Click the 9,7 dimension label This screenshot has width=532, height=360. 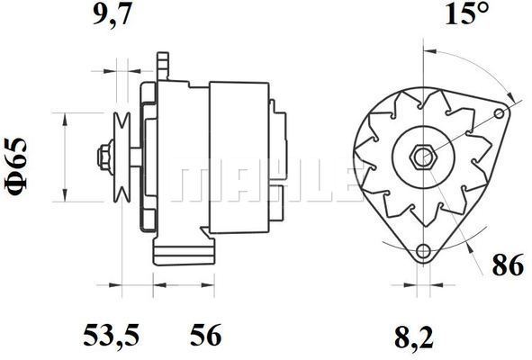(x=112, y=15)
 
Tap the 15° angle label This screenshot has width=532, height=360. (x=467, y=13)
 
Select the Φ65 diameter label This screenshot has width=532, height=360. (x=15, y=166)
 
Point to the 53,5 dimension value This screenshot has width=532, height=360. (x=112, y=335)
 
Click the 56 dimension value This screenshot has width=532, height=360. (x=205, y=335)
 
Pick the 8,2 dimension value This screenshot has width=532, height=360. (x=414, y=337)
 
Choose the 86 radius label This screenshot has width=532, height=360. (x=508, y=265)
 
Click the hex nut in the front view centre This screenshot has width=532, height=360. (x=422, y=157)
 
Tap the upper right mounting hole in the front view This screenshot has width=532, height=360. (x=499, y=113)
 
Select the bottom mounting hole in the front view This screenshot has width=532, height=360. (x=423, y=251)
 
